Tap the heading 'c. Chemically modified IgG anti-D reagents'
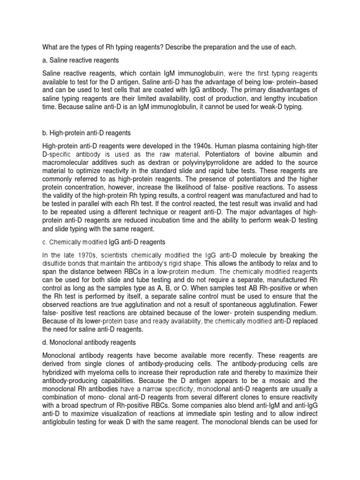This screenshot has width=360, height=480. pyautogui.click(x=104, y=242)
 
